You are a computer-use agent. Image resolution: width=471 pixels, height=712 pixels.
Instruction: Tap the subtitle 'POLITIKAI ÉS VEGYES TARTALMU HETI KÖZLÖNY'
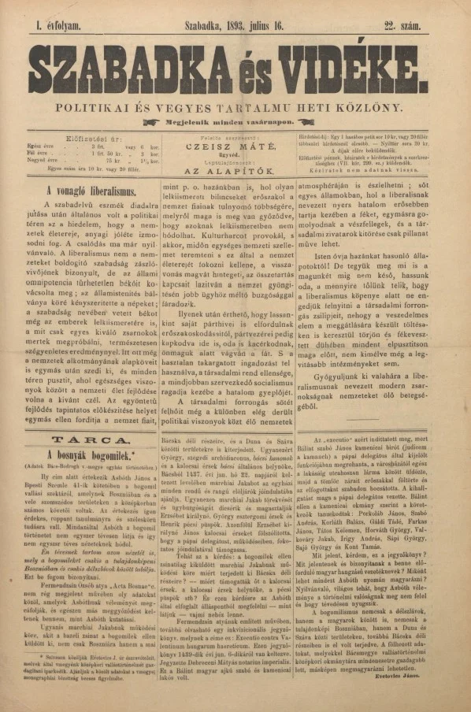click(235, 105)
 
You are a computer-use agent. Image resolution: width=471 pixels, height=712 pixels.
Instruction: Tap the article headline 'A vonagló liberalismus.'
click(91, 191)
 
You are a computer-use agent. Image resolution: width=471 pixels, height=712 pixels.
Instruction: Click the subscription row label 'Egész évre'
click(42, 146)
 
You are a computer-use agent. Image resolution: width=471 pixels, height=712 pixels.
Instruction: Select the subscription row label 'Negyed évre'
click(44, 161)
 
